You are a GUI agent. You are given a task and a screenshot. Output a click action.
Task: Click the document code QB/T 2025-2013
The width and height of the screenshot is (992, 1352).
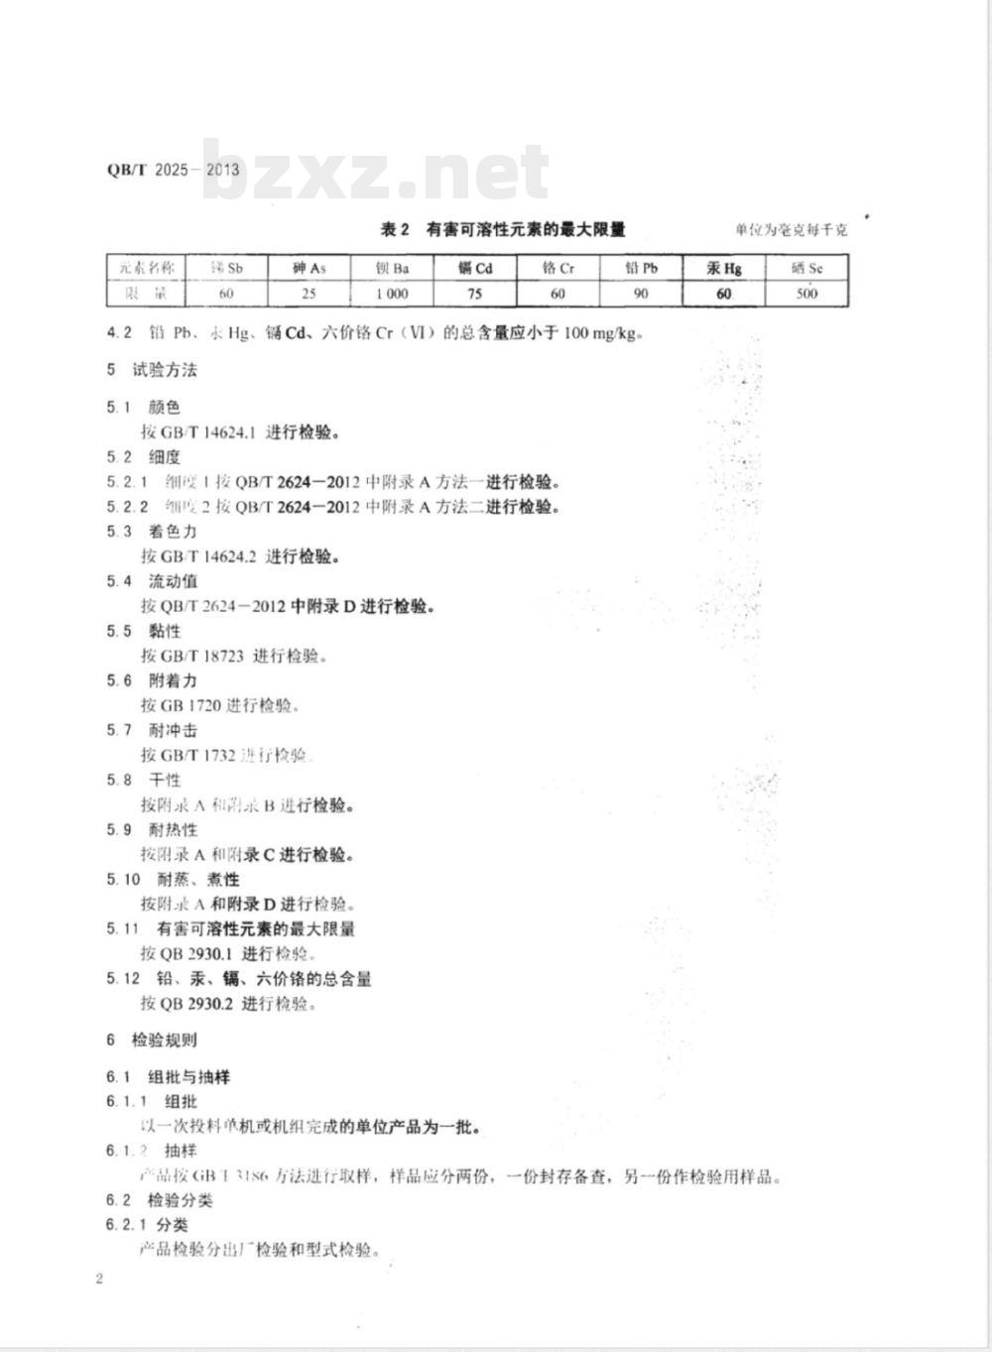coord(173,170)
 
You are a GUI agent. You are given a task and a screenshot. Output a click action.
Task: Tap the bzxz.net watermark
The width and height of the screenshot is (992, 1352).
coord(376,172)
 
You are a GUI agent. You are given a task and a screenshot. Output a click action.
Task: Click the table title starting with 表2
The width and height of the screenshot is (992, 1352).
coord(503,230)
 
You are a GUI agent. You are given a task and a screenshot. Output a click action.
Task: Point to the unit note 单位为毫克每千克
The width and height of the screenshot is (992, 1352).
coord(791,230)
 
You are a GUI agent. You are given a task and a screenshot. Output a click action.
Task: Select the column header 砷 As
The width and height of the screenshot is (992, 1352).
coord(309,268)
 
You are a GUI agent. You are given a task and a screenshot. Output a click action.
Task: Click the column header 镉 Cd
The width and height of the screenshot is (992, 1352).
coord(474,268)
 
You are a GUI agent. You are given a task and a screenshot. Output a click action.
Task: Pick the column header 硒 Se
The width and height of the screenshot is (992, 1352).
coord(806,268)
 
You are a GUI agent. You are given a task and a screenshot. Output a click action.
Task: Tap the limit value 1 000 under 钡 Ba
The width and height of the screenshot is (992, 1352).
coord(392,294)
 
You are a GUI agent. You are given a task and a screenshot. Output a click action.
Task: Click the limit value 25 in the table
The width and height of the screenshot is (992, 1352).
coord(309,294)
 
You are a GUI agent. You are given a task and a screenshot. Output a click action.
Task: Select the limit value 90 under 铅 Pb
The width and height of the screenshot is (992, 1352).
coord(640,294)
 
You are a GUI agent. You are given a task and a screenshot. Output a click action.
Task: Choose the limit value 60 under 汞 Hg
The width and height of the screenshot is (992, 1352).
coord(723,294)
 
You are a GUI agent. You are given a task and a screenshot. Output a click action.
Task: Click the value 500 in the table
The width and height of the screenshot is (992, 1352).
coord(806,294)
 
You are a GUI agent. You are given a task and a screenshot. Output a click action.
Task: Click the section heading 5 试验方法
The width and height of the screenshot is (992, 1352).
coord(153,370)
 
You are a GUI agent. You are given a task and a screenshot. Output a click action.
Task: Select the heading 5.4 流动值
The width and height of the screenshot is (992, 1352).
coord(153,581)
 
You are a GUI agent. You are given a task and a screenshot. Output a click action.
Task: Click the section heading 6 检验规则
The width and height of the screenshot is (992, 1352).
coord(153,1040)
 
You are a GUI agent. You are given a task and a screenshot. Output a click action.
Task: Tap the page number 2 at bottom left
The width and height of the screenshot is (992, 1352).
coord(99,1278)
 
